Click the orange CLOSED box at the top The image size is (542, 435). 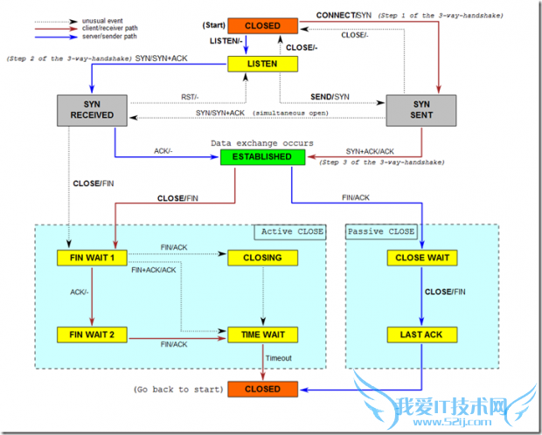(263, 25)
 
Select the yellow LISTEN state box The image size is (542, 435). (263, 64)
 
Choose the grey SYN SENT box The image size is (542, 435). (421, 109)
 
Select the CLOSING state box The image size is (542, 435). (263, 258)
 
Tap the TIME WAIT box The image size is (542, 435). (263, 335)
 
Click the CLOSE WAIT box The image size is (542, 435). (421, 258)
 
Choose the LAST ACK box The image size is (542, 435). (421, 335)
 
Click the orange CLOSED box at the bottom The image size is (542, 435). (263, 389)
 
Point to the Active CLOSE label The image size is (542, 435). (292, 231)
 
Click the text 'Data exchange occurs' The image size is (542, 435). (262, 142)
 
